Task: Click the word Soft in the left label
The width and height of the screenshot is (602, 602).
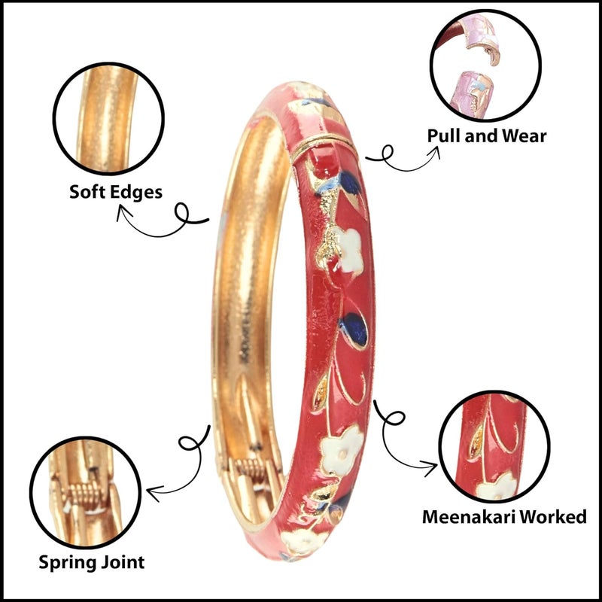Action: tap(86, 191)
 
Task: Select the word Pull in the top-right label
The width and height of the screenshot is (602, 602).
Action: tap(442, 135)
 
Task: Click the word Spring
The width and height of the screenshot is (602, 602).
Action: tap(67, 563)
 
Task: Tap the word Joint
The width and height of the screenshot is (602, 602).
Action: tap(122, 562)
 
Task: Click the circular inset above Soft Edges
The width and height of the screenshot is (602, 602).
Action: tap(108, 118)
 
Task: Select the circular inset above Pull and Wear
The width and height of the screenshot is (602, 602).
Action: tap(485, 65)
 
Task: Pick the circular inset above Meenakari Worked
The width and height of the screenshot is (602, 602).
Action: tap(494, 446)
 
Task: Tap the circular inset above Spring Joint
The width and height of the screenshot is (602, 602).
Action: tap(85, 493)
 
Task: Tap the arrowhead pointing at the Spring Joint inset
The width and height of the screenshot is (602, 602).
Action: tap(153, 493)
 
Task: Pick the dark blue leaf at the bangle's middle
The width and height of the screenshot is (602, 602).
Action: tap(354, 330)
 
